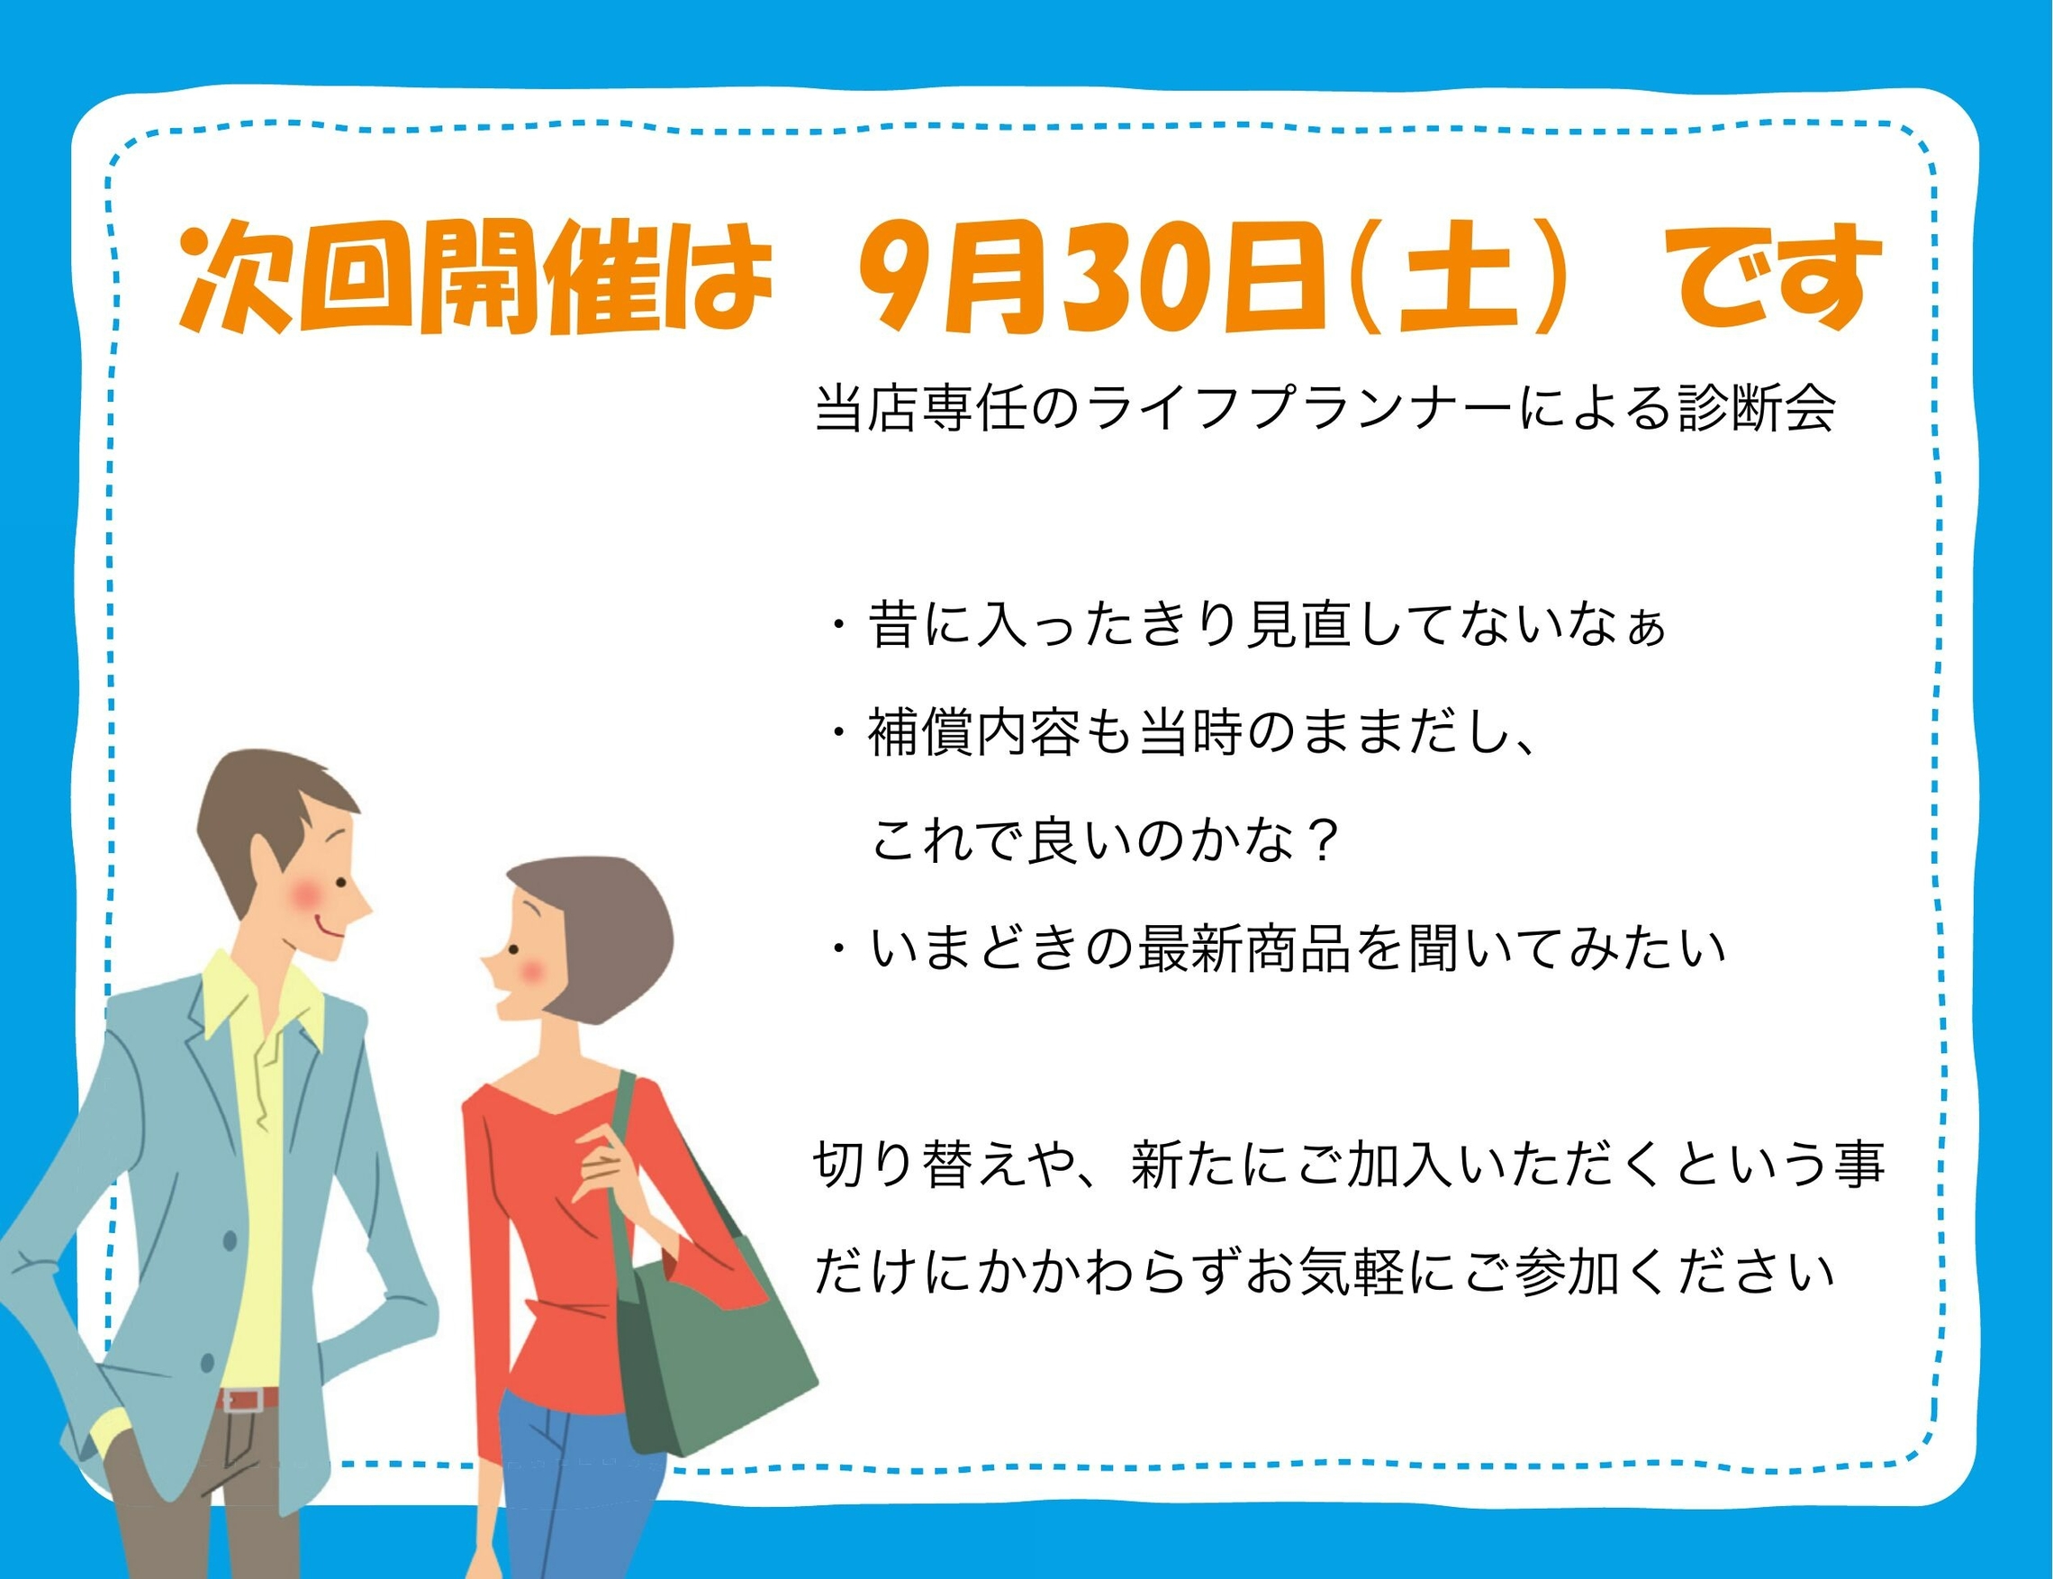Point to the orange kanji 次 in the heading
pos(236,278)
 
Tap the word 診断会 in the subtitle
pos(1756,409)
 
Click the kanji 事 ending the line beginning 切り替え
pos(1859,1165)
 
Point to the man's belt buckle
pos(243,1400)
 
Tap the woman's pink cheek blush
pos(531,971)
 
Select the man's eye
pos(341,884)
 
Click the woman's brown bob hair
pos(597,930)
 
